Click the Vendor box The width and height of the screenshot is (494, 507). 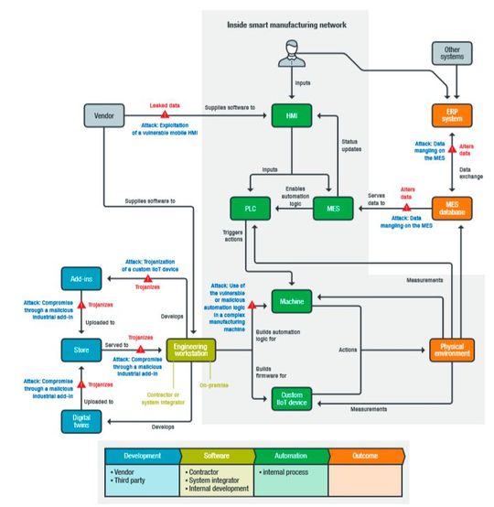[x=104, y=117]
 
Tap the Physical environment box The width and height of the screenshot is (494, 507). [x=451, y=349]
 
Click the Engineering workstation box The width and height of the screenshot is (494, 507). [x=190, y=349]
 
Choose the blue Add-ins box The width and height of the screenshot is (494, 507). [x=81, y=277]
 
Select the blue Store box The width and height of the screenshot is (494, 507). [x=81, y=349]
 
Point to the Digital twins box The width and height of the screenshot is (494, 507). [x=81, y=420]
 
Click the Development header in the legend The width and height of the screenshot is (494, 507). [x=142, y=455]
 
